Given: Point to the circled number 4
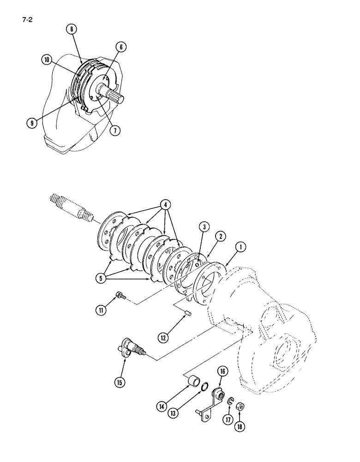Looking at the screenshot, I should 163,204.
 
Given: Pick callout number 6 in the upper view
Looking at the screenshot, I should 121,47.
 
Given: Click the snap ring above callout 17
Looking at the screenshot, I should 230,406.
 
